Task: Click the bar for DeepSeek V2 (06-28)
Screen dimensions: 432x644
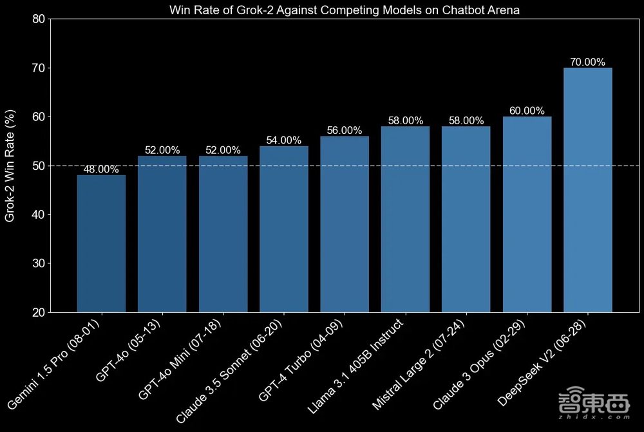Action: (x=587, y=190)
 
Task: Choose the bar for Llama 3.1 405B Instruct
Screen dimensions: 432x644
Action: (x=405, y=219)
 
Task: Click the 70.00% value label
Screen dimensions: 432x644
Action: (x=587, y=62)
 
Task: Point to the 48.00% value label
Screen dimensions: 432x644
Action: (x=101, y=170)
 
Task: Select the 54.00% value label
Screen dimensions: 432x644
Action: (x=283, y=140)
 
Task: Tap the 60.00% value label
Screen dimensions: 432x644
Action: (x=527, y=111)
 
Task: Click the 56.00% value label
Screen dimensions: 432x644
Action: (x=345, y=131)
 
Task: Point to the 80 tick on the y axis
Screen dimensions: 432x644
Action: (x=38, y=19)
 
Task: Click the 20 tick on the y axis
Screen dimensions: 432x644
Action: (x=38, y=312)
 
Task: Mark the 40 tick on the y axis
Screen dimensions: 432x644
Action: (x=38, y=214)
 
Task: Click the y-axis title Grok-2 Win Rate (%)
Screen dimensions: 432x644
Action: (x=10, y=165)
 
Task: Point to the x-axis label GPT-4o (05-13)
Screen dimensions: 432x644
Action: (x=128, y=351)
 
